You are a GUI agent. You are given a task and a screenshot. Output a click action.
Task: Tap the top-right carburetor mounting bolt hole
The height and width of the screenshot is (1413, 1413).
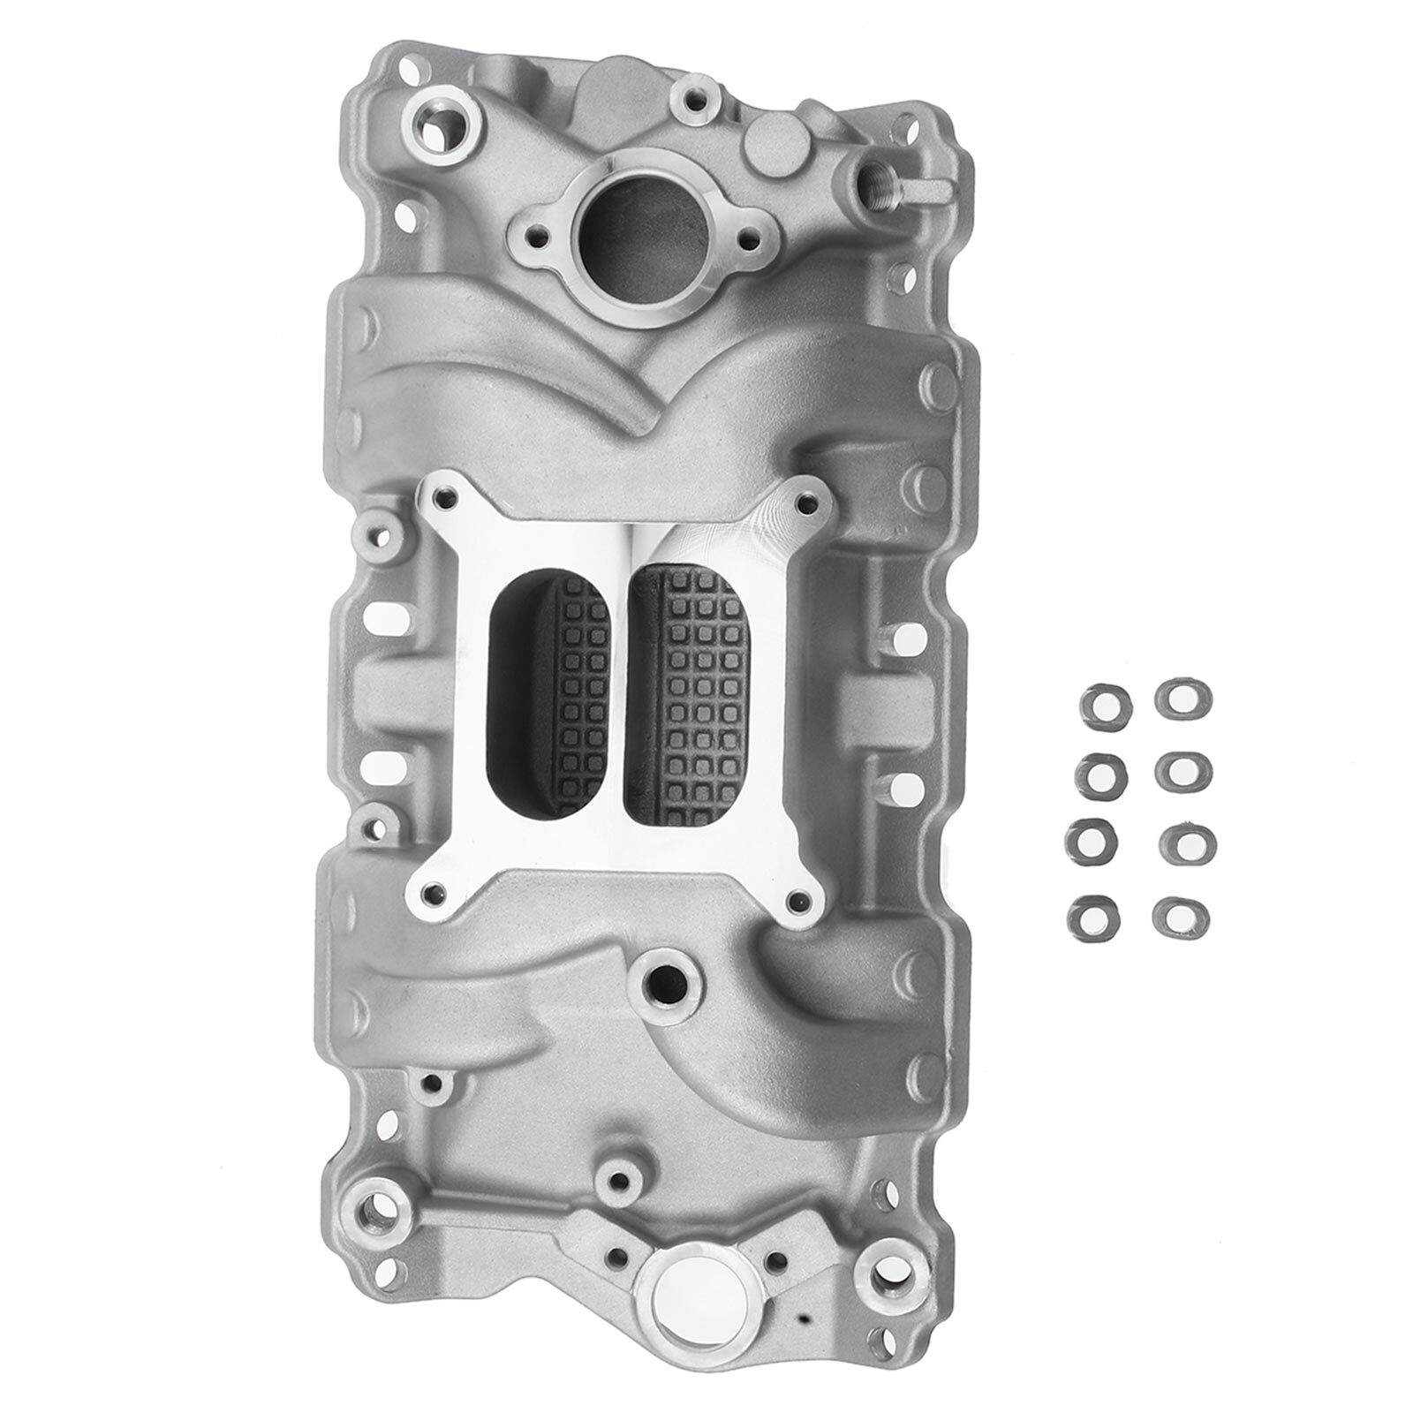tap(802, 503)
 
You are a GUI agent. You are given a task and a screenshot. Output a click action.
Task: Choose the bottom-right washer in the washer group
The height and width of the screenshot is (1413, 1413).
tap(1179, 915)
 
